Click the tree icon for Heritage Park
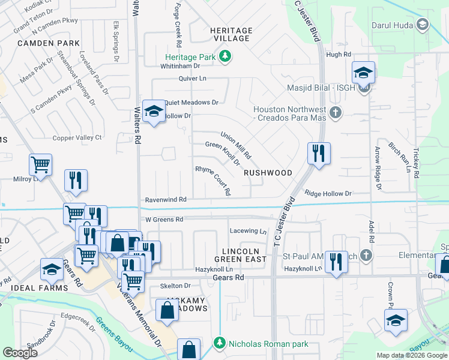226,57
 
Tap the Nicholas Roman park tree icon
220,344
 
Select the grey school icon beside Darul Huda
423,25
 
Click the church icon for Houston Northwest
336,112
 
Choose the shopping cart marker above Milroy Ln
40,164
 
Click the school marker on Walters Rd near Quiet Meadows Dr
154,110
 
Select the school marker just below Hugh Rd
363,73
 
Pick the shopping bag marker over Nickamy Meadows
167,310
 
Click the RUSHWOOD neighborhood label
268,173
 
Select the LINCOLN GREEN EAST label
240,255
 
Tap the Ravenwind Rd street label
166,199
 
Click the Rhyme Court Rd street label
214,181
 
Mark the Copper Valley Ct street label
77,138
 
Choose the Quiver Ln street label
192,79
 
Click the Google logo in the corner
20,353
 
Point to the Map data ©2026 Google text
411,355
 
